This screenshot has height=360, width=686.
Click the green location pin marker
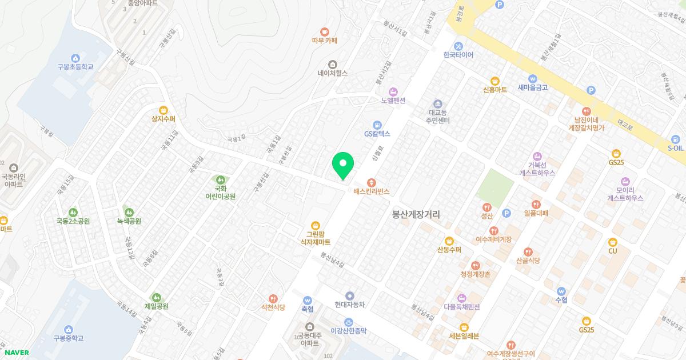click(343, 165)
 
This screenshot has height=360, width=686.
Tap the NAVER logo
click(17, 353)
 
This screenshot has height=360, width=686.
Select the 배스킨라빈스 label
click(371, 192)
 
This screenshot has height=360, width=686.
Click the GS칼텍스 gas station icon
click(377, 125)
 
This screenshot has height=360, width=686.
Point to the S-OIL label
click(675, 147)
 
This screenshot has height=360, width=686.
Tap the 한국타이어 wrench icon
click(458, 46)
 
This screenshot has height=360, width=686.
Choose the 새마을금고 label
click(533, 87)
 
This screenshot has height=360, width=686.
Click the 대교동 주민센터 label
click(438, 117)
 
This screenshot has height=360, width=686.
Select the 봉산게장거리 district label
click(420, 214)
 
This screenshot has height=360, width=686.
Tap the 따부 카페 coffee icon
click(325, 32)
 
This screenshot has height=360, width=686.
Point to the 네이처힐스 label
click(333, 73)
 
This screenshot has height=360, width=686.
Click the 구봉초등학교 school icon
click(75, 58)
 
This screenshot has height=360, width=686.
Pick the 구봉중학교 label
click(69, 338)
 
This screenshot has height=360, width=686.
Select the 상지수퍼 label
click(163, 119)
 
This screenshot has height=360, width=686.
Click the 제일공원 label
click(157, 306)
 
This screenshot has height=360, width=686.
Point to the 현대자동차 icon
click(349, 295)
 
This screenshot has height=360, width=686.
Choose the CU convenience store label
click(613, 251)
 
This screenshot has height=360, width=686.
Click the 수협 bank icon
click(560, 291)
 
